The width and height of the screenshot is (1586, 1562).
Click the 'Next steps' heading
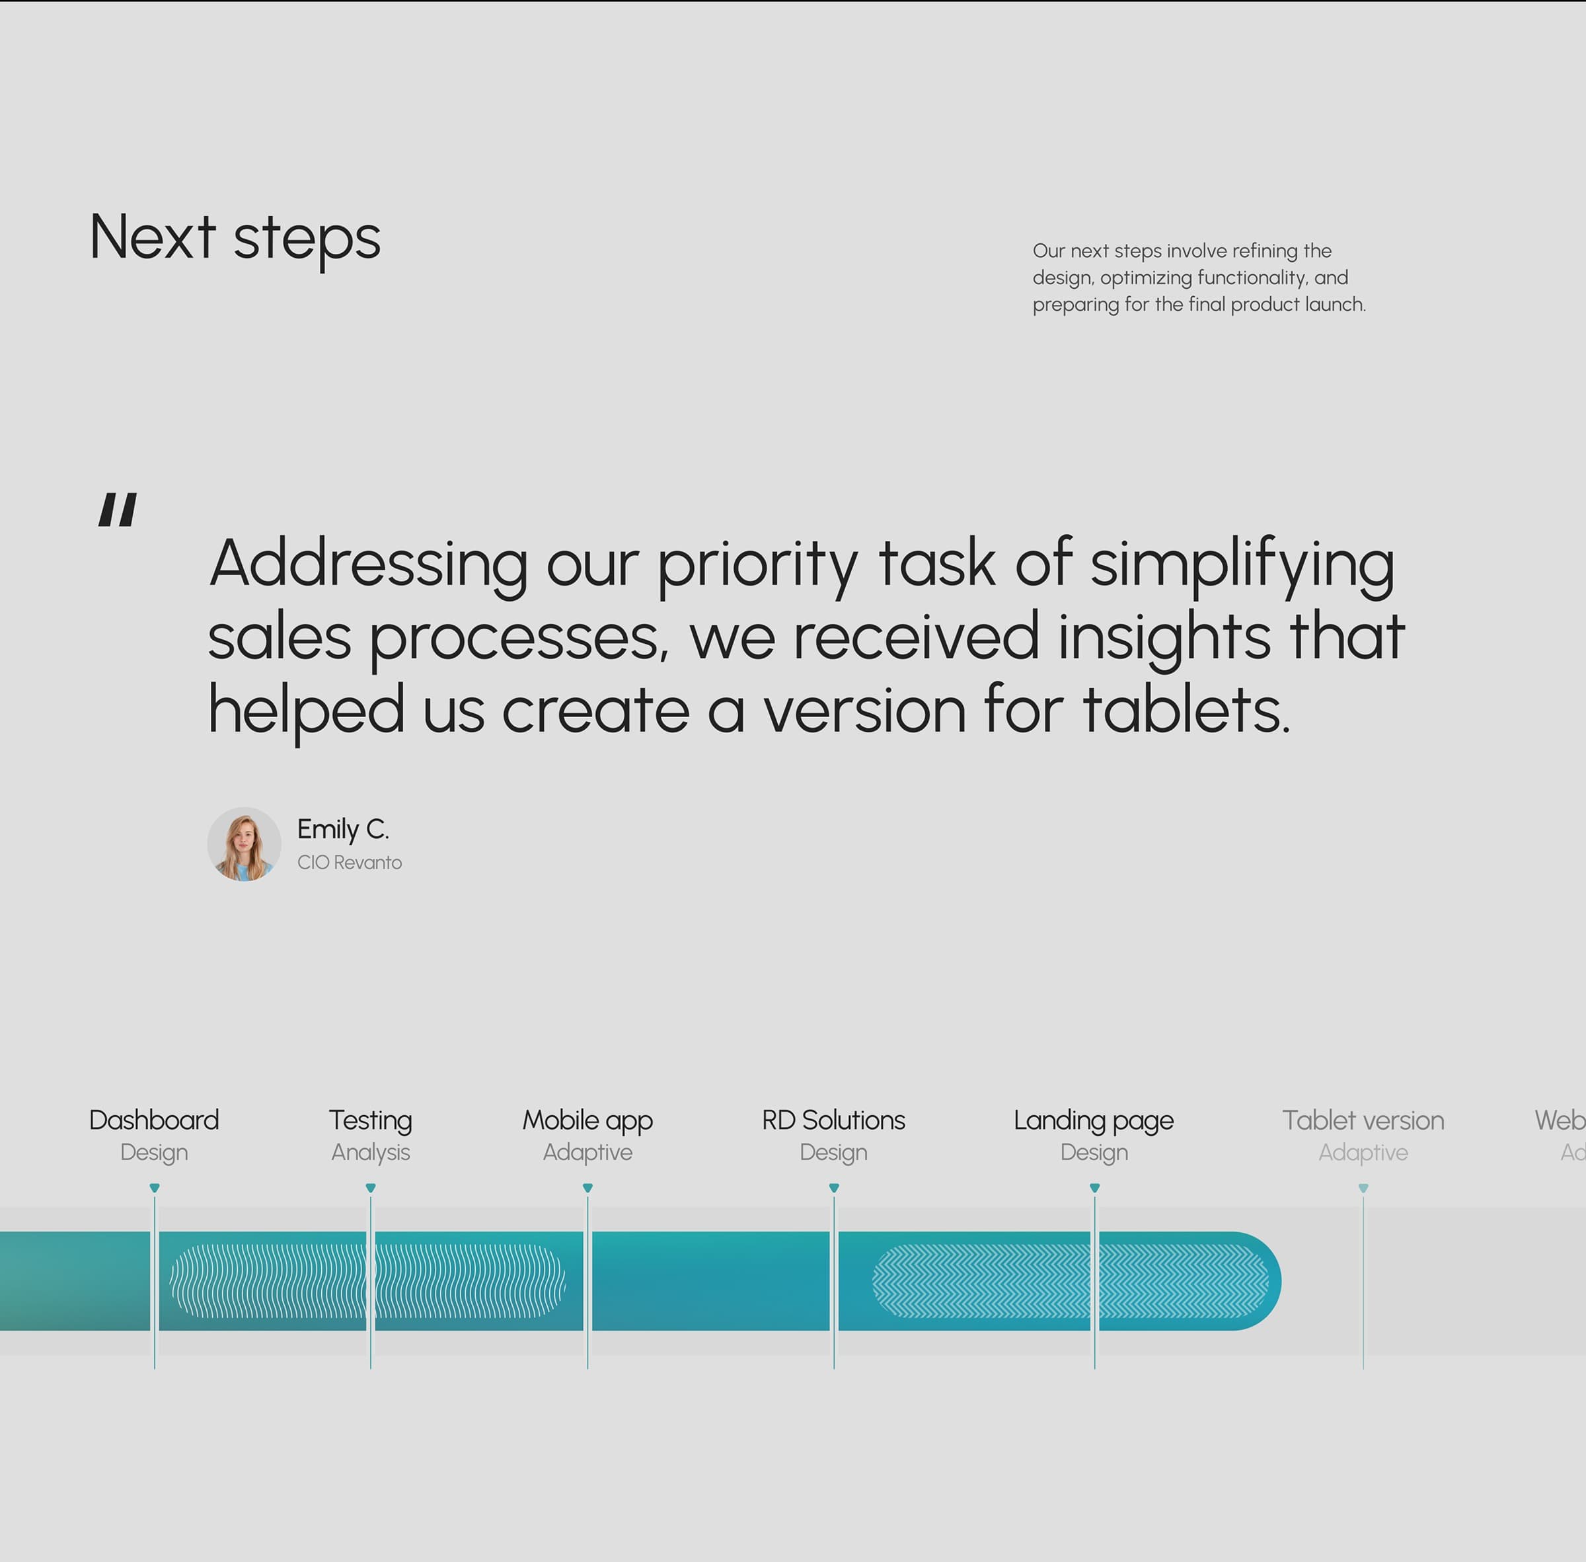click(235, 238)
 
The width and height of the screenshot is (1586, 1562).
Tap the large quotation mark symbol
click(117, 510)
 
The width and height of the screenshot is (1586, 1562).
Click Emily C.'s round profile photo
click(245, 844)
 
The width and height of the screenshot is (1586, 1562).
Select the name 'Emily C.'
click(343, 830)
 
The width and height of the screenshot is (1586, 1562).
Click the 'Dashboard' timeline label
click(154, 1120)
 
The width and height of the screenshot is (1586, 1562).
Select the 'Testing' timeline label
click(371, 1120)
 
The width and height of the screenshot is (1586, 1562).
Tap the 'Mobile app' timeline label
click(587, 1120)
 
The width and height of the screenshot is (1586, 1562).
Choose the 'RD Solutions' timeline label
click(833, 1120)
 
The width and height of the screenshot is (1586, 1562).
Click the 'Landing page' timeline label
click(1093, 1120)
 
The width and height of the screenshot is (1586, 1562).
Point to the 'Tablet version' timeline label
click(1363, 1120)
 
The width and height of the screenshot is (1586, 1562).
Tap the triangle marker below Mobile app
click(587, 1188)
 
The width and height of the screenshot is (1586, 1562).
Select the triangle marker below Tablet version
click(1363, 1188)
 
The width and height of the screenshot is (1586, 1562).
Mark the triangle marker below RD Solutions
click(834, 1188)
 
